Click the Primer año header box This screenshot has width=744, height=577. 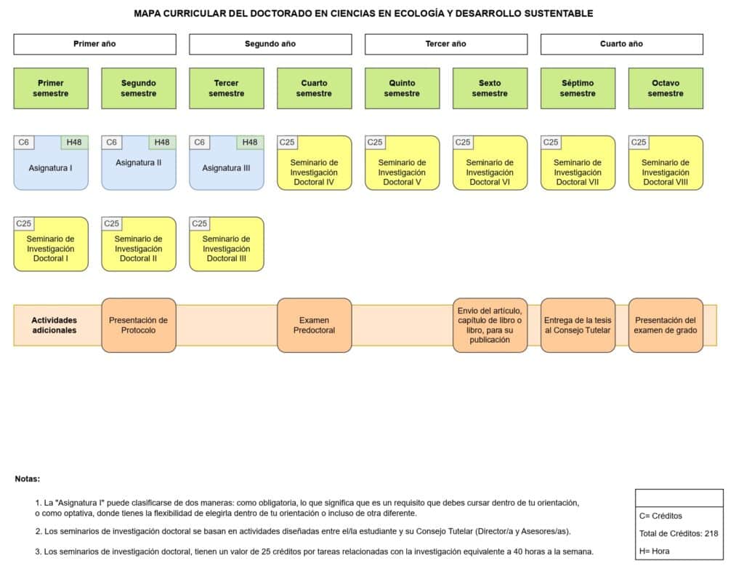(x=95, y=44)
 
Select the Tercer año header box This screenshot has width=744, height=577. (x=446, y=44)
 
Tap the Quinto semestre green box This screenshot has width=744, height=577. (x=402, y=88)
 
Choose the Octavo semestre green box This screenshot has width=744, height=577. (x=666, y=88)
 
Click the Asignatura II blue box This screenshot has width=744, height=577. (x=139, y=163)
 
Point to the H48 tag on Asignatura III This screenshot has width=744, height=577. (x=250, y=142)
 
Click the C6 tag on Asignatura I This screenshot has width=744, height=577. (x=24, y=142)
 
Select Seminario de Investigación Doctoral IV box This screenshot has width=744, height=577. (x=314, y=163)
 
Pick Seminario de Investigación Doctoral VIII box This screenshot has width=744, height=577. (x=666, y=163)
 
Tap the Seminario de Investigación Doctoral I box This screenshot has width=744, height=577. (x=51, y=244)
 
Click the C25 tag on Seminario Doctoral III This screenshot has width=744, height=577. (x=199, y=223)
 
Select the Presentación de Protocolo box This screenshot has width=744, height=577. (x=139, y=325)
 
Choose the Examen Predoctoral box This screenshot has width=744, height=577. (x=314, y=325)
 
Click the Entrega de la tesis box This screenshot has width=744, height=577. (x=578, y=325)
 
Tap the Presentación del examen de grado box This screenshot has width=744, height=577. (x=666, y=325)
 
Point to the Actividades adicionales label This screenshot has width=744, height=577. (x=54, y=325)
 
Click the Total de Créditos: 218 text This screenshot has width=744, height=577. (x=679, y=534)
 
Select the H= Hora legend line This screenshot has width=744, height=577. (x=655, y=552)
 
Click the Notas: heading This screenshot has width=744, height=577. (x=28, y=479)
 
